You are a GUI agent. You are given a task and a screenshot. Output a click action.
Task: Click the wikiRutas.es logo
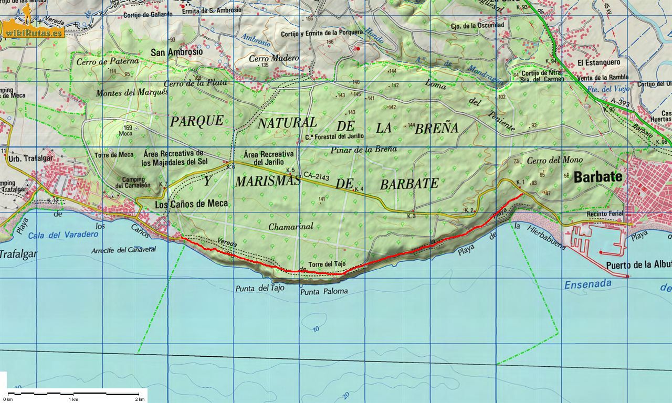tap(34, 28)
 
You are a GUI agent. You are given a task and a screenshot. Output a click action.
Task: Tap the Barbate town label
tap(598, 177)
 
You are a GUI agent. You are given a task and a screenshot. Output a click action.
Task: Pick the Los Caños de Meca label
tap(192, 204)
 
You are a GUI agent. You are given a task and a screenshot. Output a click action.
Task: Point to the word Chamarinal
tap(290, 227)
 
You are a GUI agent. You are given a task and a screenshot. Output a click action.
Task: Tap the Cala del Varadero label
tap(64, 235)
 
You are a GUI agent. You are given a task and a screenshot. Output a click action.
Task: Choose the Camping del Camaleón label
tap(133, 182)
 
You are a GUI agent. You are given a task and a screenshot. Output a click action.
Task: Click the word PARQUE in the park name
tap(197, 121)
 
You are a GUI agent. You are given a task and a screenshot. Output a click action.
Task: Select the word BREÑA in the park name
tap(436, 128)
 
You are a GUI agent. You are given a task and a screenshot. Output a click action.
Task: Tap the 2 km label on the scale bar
tap(139, 399)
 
